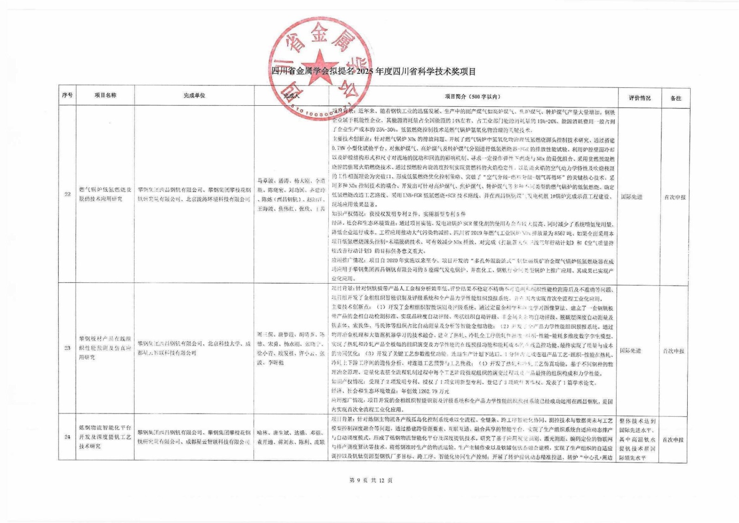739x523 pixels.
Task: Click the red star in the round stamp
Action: [x=320, y=66]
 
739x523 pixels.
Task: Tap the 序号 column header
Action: [x=67, y=96]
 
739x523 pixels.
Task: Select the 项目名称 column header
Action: [x=106, y=96]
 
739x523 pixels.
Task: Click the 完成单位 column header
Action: [x=194, y=96]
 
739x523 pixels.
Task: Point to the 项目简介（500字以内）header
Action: [x=472, y=97]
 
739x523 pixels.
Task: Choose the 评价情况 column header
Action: [x=640, y=98]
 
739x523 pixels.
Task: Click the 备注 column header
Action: [x=676, y=98]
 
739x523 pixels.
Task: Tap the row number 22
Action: [x=67, y=194]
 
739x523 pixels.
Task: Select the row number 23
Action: [x=67, y=348]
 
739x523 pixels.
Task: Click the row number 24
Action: [x=67, y=437]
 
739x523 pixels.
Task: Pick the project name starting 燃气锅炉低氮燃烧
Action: [x=105, y=194]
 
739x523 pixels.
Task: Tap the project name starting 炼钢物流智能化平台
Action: [x=105, y=437]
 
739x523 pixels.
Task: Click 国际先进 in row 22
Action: [x=631, y=197]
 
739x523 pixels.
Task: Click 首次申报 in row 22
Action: [x=675, y=197]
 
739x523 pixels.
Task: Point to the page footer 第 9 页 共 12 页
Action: [x=371, y=480]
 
